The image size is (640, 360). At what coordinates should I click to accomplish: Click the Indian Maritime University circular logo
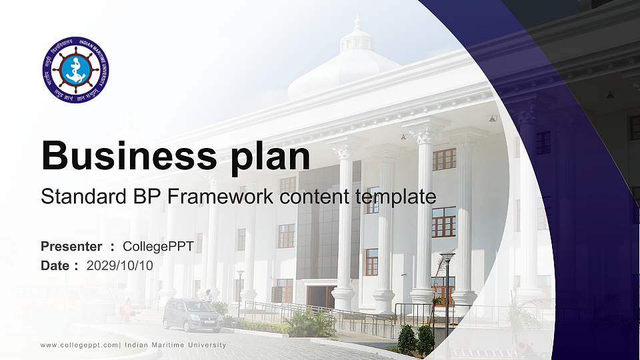(x=75, y=69)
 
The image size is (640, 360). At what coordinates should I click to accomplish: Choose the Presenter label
(x=71, y=247)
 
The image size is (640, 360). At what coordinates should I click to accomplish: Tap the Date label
(x=55, y=265)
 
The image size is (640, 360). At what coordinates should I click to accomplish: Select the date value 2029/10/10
(x=120, y=265)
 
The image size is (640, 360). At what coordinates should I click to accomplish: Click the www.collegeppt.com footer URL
(x=79, y=345)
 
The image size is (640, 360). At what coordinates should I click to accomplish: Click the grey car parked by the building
(x=193, y=315)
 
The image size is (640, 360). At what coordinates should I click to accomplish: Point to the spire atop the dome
(x=357, y=23)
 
